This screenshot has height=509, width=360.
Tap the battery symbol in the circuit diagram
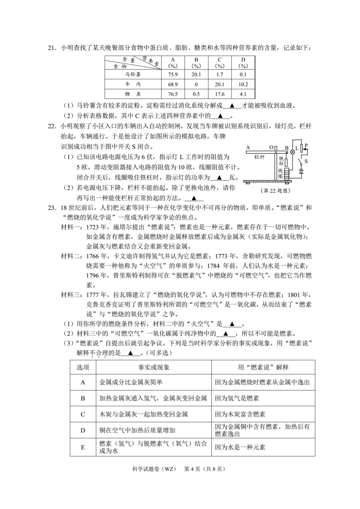click(x=302, y=172)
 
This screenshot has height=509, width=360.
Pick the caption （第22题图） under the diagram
click(x=275, y=191)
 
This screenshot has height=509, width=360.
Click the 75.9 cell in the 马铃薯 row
click(x=173, y=74)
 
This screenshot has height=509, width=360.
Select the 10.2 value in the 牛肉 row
click(x=243, y=84)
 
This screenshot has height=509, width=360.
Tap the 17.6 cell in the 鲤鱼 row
click(x=220, y=94)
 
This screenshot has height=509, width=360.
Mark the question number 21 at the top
click(x=51, y=48)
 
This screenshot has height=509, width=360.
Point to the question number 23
click(x=51, y=208)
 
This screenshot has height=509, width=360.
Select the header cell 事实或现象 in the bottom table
click(x=154, y=367)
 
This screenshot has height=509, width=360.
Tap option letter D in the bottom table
click(x=83, y=430)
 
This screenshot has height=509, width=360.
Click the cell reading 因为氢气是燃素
click(x=237, y=398)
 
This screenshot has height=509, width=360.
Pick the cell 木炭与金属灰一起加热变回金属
click(x=144, y=414)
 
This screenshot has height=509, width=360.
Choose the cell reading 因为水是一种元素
click(x=240, y=447)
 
